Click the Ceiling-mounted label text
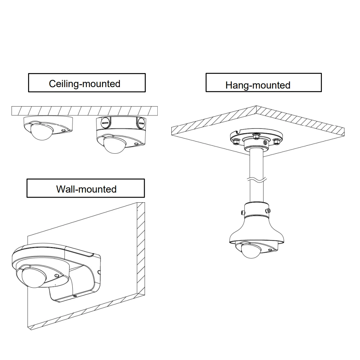click(x=85, y=84)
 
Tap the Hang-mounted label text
click(x=258, y=85)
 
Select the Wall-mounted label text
click(x=86, y=189)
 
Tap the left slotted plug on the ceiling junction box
click(x=105, y=123)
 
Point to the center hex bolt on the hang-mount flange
click(x=256, y=136)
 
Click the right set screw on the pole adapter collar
click(x=267, y=210)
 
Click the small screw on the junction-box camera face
click(x=136, y=143)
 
